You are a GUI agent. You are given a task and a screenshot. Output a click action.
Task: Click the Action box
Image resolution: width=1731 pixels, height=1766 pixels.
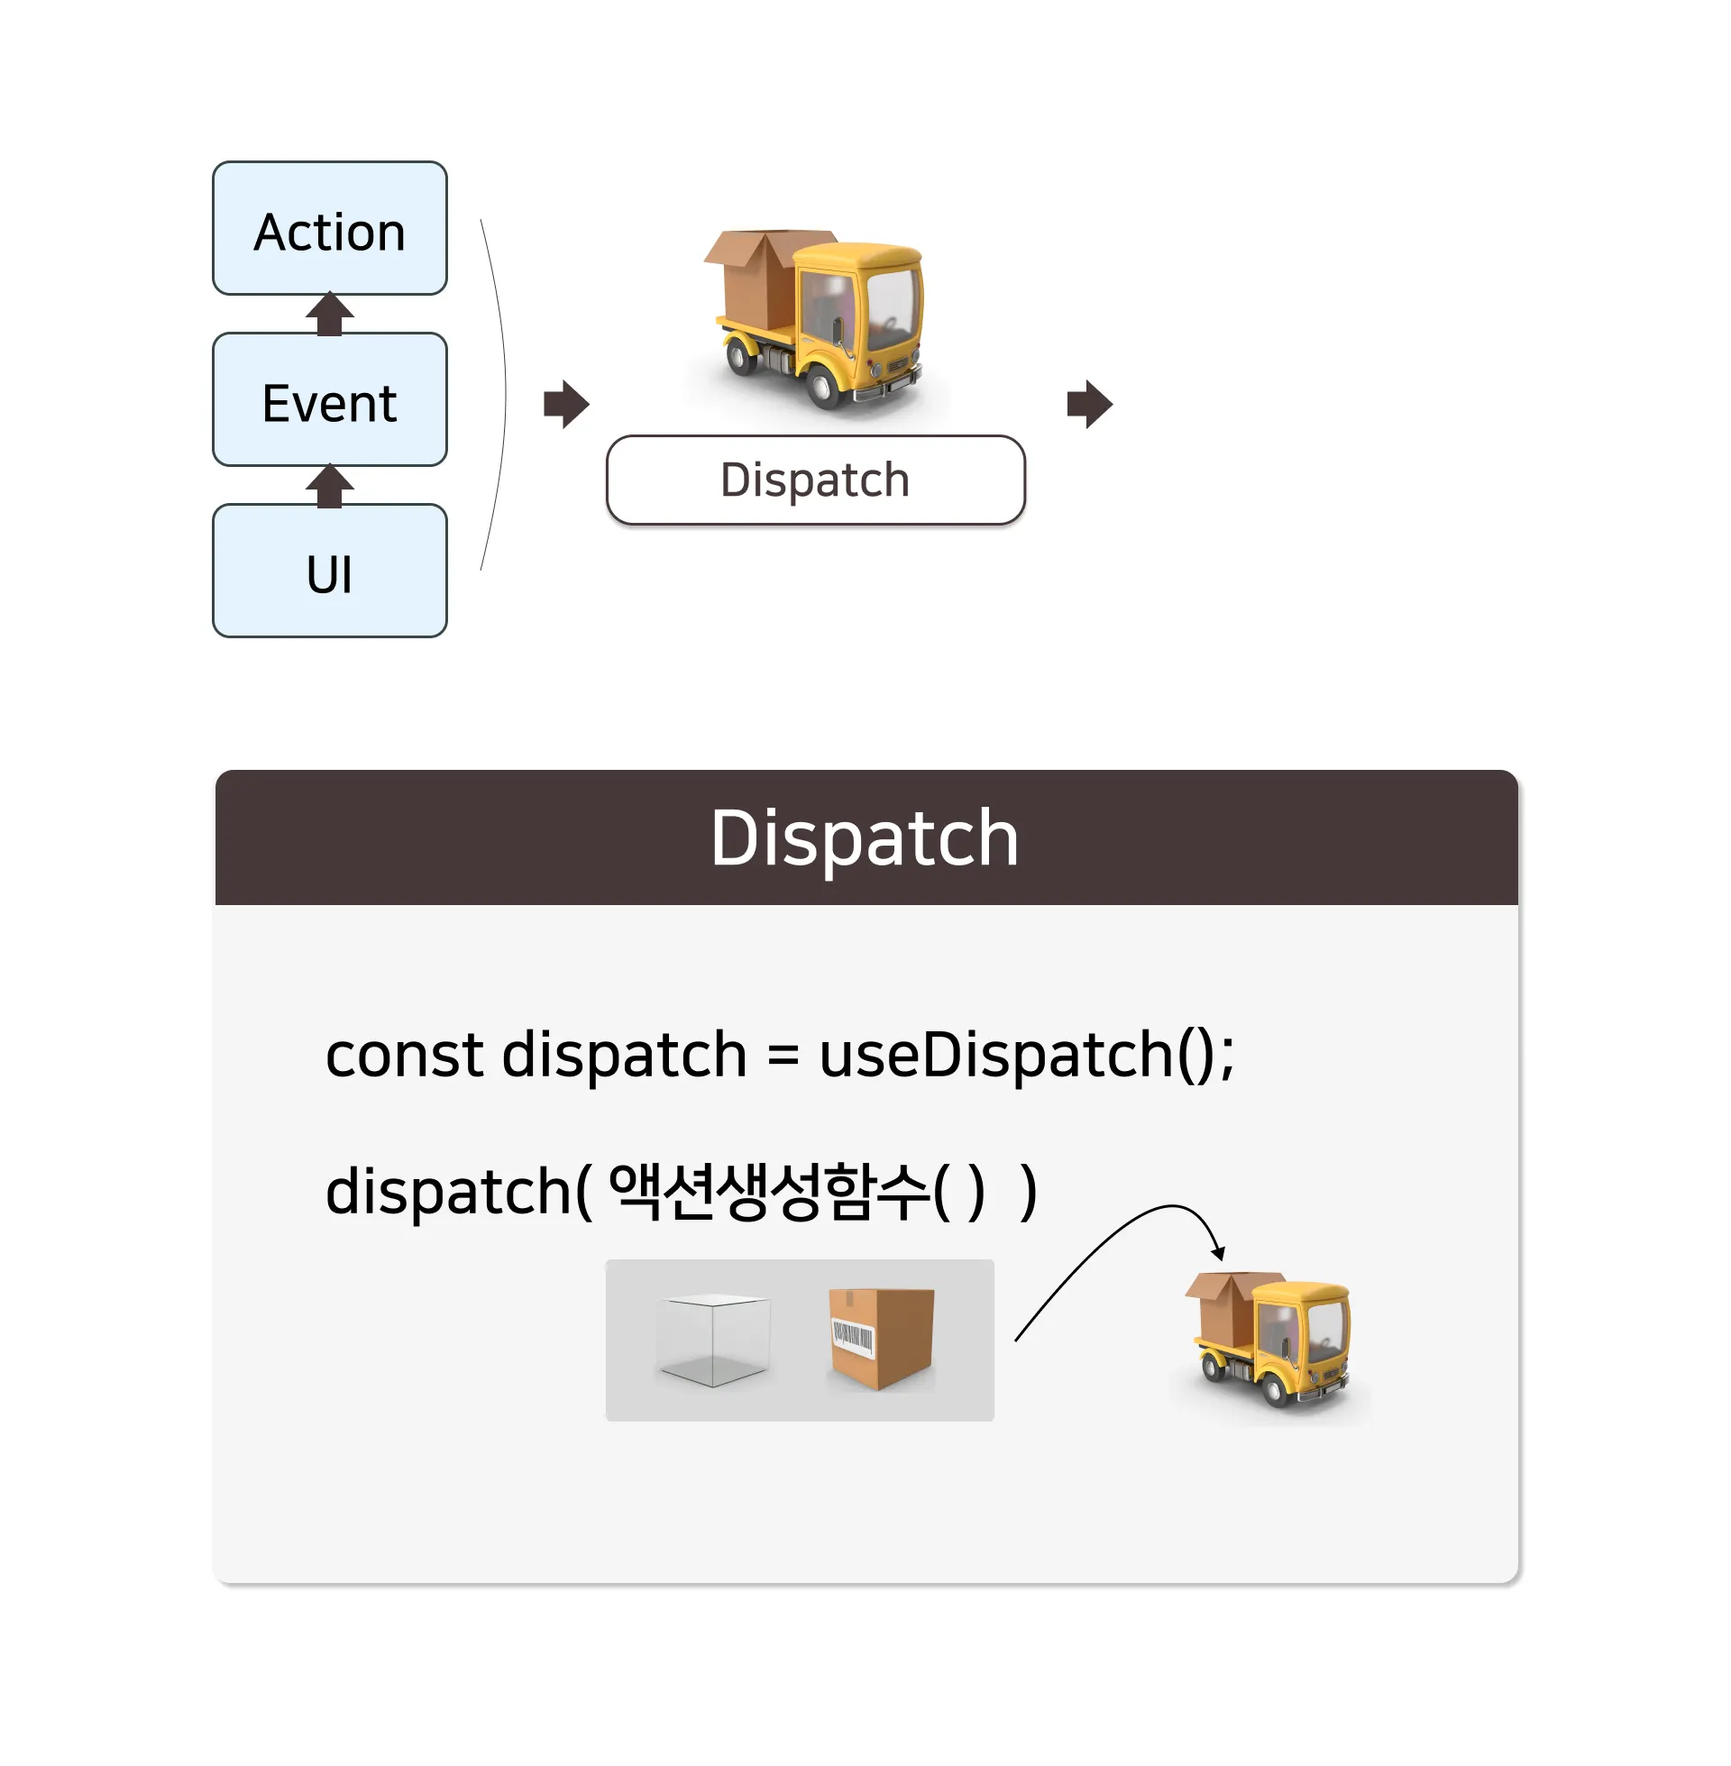(329, 229)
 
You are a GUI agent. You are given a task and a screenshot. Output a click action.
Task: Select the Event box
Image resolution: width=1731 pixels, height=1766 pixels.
(329, 400)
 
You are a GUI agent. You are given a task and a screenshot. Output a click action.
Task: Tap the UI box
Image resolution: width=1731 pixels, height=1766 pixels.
(329, 572)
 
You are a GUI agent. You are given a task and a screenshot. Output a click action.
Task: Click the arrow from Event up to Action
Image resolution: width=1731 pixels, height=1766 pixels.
(329, 314)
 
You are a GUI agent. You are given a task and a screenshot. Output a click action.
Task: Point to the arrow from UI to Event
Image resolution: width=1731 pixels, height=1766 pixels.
(329, 485)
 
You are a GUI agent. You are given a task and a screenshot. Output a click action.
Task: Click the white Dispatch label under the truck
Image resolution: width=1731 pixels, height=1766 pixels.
(815, 480)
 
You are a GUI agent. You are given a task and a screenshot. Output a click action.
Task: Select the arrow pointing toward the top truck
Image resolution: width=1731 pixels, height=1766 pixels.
(566, 404)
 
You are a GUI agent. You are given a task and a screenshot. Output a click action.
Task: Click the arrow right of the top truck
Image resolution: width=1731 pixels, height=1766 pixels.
(1089, 404)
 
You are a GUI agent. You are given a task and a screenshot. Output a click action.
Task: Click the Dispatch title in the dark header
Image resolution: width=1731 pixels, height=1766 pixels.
(865, 838)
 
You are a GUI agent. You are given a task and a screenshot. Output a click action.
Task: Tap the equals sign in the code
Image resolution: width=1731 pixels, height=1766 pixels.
(783, 1057)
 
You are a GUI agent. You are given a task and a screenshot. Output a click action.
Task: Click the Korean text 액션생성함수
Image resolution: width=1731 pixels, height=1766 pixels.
(769, 1191)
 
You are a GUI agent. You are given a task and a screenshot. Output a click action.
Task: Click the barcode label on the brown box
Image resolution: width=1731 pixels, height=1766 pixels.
(852, 1335)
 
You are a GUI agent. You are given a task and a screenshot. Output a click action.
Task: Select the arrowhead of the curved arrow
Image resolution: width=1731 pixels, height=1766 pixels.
(1219, 1252)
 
